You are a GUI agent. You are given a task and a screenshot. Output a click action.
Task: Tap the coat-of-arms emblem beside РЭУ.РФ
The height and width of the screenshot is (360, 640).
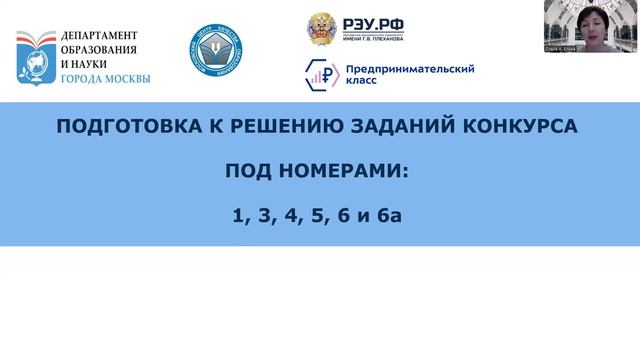pyautogui.click(x=323, y=27)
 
